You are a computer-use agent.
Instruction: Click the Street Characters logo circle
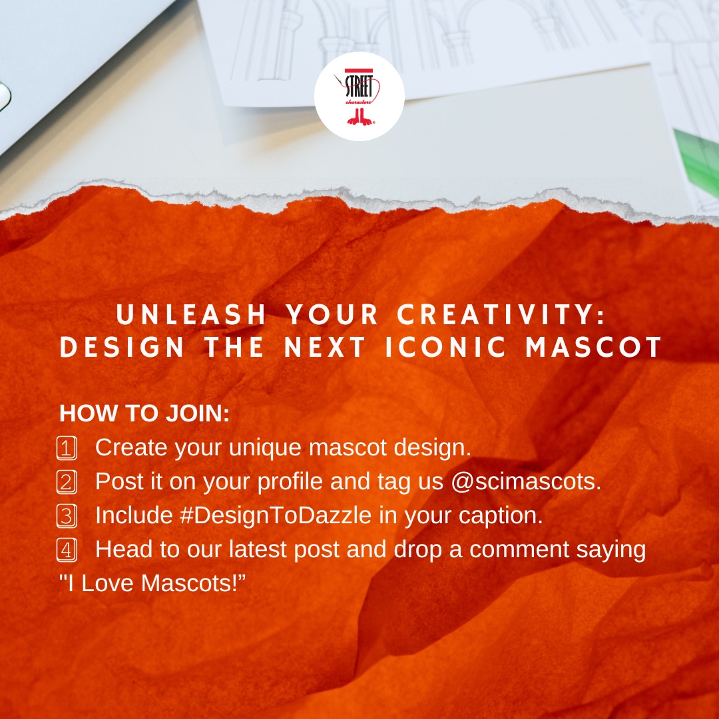[x=359, y=97]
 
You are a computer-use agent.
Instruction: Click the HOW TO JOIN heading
[x=144, y=413]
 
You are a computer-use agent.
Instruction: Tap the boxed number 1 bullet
[x=67, y=448]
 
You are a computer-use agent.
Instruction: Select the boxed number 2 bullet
[x=67, y=482]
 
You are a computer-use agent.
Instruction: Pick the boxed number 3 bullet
[x=67, y=516]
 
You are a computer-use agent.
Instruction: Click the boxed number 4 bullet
[x=67, y=551]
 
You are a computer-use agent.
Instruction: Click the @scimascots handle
[x=526, y=482]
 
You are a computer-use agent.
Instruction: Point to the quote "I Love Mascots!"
[x=152, y=584]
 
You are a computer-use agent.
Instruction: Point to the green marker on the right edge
[x=698, y=160]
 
